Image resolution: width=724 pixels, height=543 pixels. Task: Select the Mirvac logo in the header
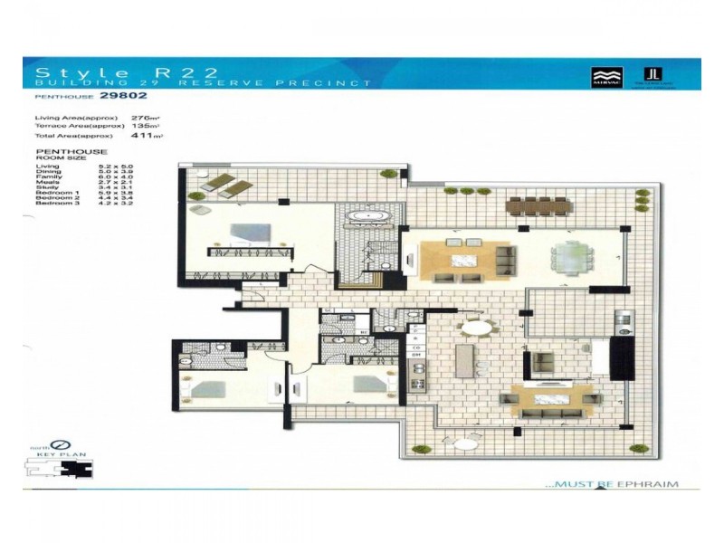603,75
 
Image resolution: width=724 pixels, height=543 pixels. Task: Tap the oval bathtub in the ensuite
368,217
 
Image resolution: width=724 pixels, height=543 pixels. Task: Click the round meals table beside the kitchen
477,329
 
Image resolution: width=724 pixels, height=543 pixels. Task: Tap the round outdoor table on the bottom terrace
467,443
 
